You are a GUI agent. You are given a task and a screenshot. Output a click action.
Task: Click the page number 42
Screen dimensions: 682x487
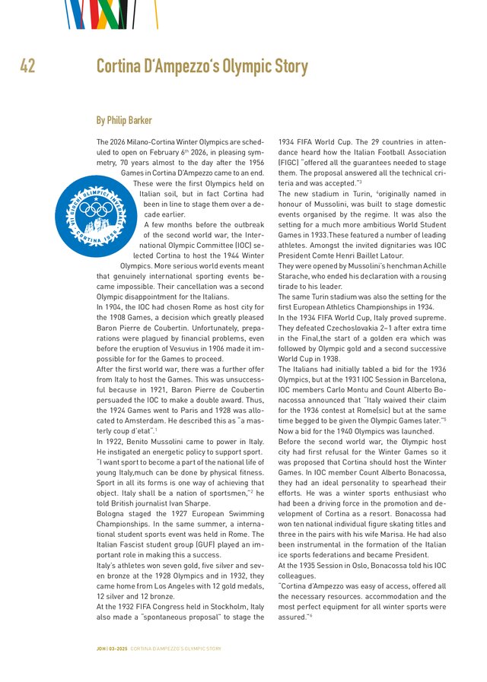pyautogui.click(x=27, y=67)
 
